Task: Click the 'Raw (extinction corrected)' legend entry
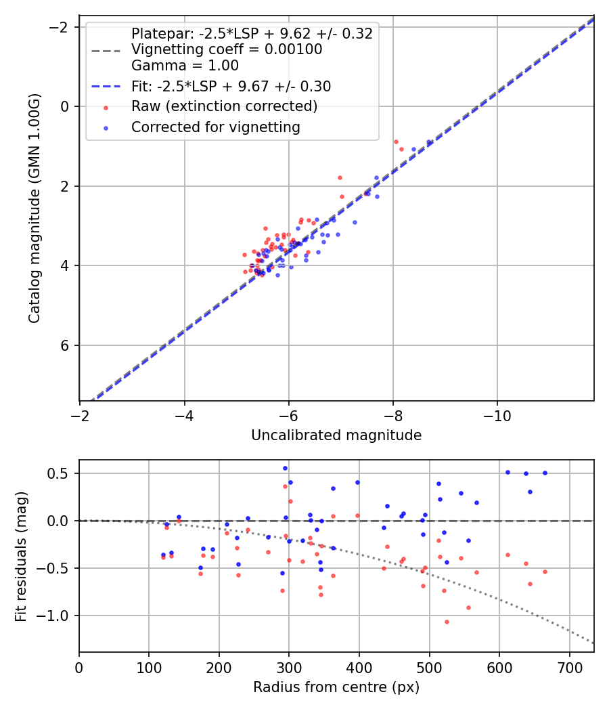tap(224, 106)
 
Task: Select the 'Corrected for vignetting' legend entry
tap(215, 127)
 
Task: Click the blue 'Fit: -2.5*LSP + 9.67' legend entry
tap(231, 86)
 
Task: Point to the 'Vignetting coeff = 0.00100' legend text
tap(227, 49)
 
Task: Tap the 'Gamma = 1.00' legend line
tap(185, 66)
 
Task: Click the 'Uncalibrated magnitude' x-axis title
tap(336, 435)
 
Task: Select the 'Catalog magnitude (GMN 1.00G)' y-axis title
tap(35, 209)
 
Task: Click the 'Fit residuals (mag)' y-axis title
tap(21, 556)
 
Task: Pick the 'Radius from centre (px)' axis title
tap(336, 687)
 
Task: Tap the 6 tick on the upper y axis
tap(66, 345)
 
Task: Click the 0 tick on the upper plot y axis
tap(66, 106)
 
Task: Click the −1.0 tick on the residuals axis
tap(60, 616)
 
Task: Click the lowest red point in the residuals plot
tap(447, 622)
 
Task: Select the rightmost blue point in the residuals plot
tap(545, 473)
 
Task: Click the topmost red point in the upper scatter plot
tap(396, 142)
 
